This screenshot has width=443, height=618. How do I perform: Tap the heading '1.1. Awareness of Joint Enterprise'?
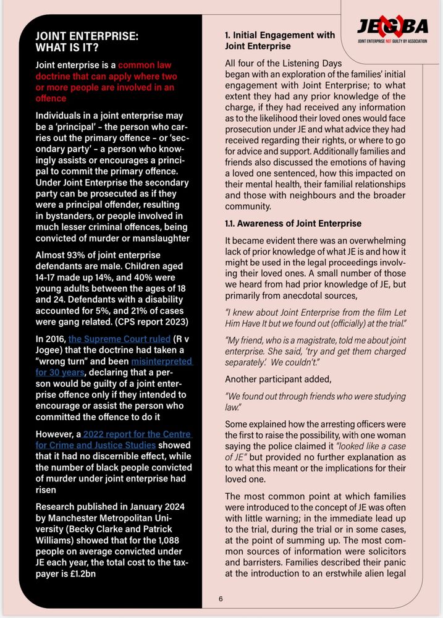(x=293, y=223)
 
